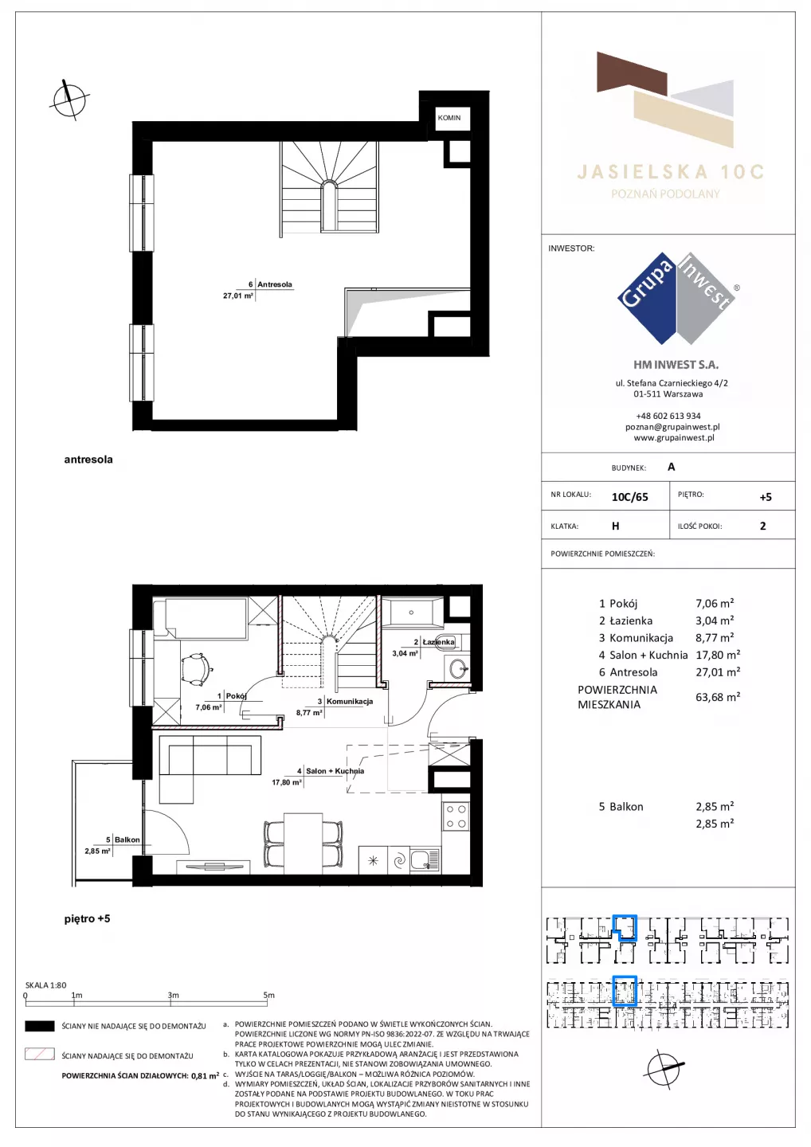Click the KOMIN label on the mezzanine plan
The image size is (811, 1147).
click(x=449, y=118)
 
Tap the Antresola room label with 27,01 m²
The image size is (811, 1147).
click(x=274, y=284)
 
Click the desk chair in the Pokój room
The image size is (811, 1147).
click(x=196, y=669)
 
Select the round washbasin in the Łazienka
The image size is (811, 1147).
click(x=458, y=667)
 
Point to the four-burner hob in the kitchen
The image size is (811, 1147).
click(x=455, y=816)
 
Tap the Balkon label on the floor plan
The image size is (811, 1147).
click(x=127, y=840)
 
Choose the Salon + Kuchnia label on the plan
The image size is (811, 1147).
click(x=335, y=771)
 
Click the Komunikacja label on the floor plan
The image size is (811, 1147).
click(x=350, y=702)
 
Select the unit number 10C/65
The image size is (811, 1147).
click(x=629, y=497)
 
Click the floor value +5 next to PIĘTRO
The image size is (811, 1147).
click(x=766, y=497)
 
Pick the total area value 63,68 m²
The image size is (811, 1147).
click(x=718, y=697)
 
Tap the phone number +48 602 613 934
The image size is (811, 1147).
click(x=668, y=416)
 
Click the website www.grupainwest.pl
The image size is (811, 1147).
click(x=674, y=437)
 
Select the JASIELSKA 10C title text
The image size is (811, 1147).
click(x=670, y=171)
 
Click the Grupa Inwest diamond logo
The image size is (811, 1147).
click(x=677, y=298)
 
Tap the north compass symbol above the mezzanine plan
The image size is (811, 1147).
click(x=69, y=100)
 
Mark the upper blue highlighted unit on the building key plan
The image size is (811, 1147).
click(x=625, y=928)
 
